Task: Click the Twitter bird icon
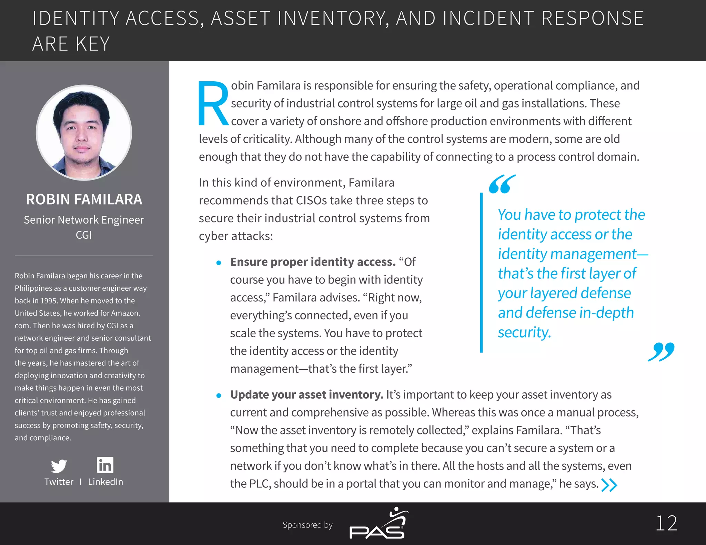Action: coord(59,466)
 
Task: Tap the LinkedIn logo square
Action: coord(105,465)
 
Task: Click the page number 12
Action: coord(666,523)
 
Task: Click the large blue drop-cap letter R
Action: coord(213,103)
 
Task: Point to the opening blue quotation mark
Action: coord(502,184)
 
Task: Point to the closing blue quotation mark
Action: coord(661,352)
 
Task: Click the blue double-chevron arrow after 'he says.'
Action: coord(609,485)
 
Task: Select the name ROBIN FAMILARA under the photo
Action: coord(84,199)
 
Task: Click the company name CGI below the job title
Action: coord(84,235)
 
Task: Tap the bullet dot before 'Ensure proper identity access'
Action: coord(219,263)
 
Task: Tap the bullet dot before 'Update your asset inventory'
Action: coord(219,395)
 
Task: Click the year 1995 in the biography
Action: coord(49,301)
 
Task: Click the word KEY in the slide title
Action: coord(92,44)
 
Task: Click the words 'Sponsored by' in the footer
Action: coord(307,525)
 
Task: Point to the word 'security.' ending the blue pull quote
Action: coord(524,332)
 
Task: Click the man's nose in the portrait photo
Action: coord(82,136)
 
